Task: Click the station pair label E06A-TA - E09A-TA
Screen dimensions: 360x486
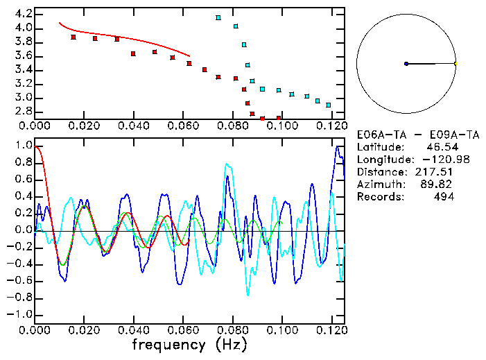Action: pos(409,134)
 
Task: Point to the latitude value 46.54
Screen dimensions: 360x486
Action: pos(440,146)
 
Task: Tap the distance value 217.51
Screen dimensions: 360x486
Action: pos(440,171)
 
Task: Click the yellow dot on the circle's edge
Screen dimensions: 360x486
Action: pos(455,64)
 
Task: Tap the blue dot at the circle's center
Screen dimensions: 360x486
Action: pos(406,64)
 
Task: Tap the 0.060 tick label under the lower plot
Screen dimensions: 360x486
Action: pos(182,330)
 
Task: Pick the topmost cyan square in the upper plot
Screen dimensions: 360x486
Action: pos(218,18)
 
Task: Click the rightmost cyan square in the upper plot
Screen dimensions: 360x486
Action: pos(328,105)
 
